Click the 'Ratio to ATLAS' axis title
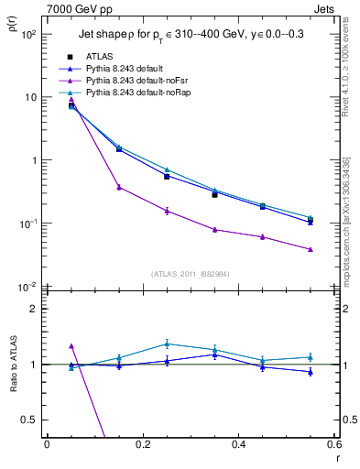tap(13, 356)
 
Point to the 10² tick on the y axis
tap(28, 34)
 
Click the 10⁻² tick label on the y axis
tap(27, 287)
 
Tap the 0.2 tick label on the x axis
tap(142, 444)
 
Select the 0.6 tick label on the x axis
tap(334, 444)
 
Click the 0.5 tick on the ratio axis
tap(29, 420)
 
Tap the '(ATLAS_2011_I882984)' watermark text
tap(190, 274)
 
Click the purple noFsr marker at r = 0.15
tap(119, 187)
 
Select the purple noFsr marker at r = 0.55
tap(311, 249)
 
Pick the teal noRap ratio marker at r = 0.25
tap(167, 344)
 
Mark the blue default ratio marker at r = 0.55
tap(311, 371)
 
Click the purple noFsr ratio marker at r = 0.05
tap(71, 346)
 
